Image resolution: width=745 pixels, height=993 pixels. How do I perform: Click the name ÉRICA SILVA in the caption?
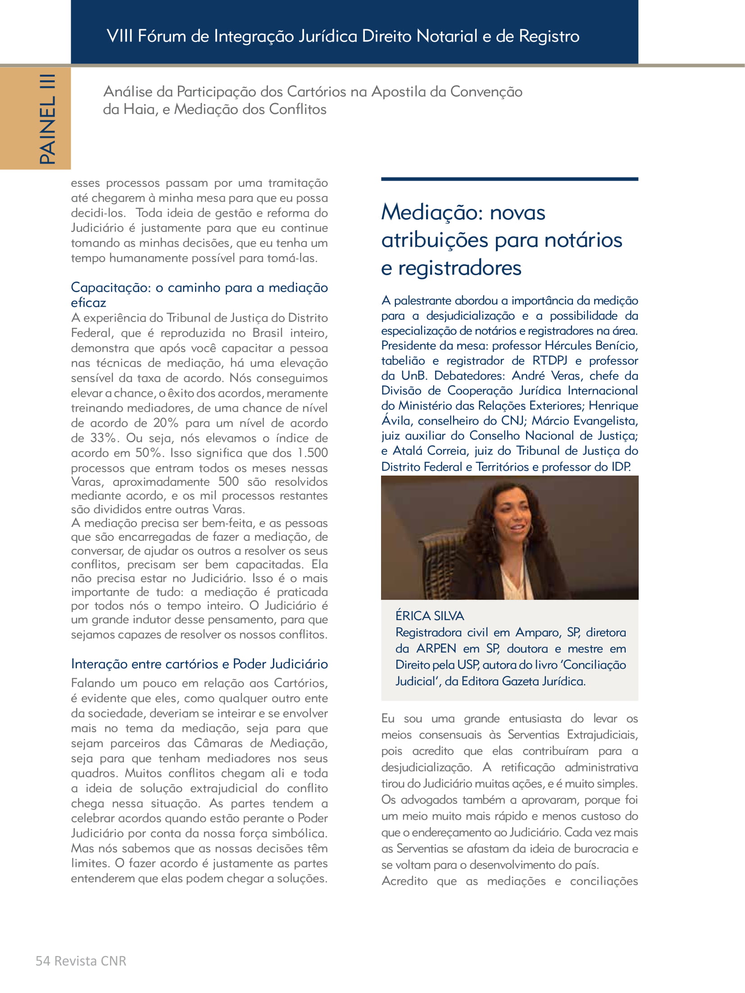tap(429, 616)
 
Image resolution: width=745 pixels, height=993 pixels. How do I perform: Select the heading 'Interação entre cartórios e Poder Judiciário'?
tap(199, 664)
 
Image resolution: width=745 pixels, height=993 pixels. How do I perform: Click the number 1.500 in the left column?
tap(313, 453)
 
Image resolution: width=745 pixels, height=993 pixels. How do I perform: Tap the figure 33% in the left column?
tap(104, 438)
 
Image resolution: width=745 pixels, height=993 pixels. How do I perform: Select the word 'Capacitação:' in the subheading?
tap(111, 287)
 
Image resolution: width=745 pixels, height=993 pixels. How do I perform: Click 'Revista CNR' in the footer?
tap(90, 961)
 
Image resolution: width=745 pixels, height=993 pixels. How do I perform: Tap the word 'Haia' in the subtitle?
tap(139, 109)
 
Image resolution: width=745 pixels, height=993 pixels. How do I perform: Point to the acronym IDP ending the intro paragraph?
tap(620, 467)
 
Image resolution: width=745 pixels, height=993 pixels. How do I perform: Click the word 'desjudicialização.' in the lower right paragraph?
tap(426, 767)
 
